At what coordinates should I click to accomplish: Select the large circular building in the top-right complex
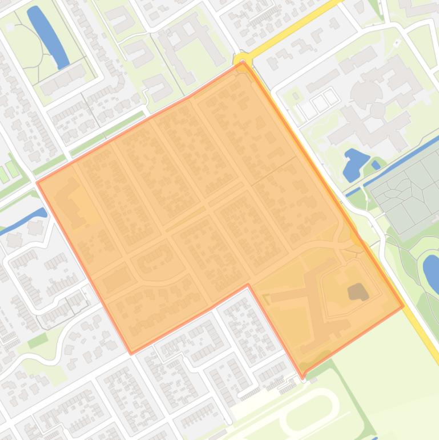365,91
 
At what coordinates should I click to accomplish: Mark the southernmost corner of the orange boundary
303,377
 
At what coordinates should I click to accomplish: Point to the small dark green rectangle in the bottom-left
38,341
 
